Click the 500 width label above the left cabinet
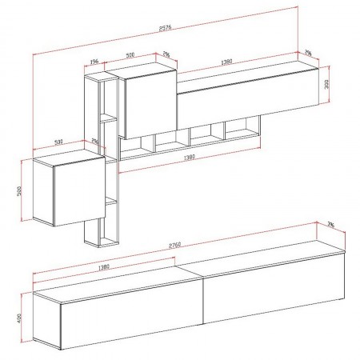58,142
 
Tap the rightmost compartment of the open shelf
242,127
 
